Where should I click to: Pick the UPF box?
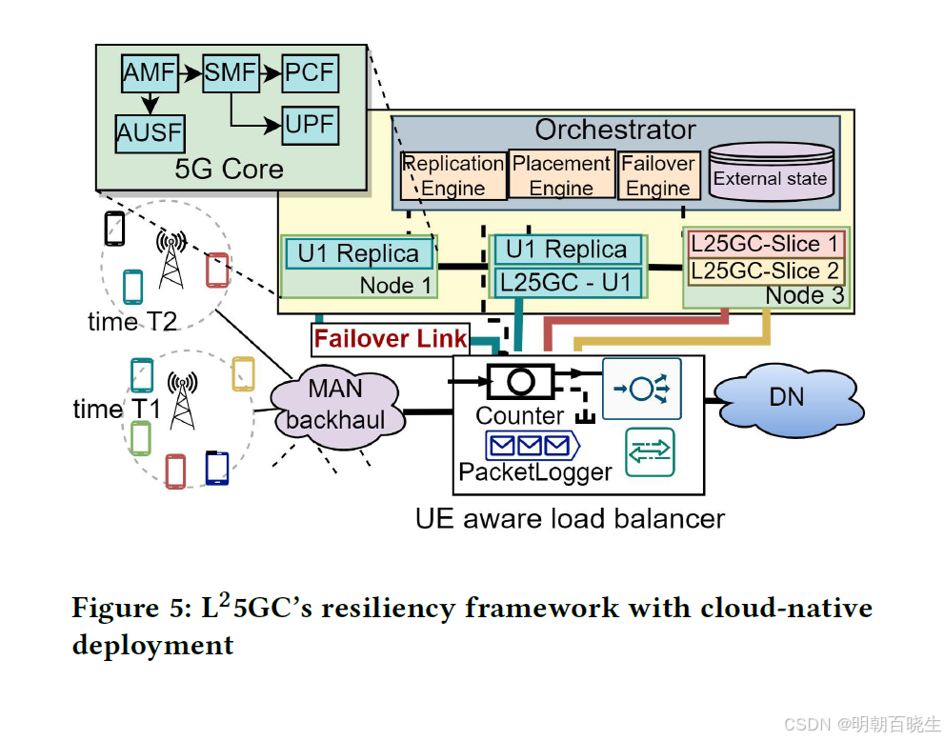click(311, 125)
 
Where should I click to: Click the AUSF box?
click(150, 132)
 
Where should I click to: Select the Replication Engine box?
click(453, 175)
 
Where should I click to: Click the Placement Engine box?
click(561, 175)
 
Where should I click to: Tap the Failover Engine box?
click(658, 175)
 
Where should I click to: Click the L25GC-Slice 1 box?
click(766, 243)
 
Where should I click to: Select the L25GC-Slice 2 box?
click(766, 270)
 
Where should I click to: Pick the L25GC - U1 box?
click(566, 282)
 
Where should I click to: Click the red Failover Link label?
click(391, 338)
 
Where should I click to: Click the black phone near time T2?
click(114, 229)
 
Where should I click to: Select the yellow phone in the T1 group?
click(244, 373)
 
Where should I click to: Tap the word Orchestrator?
click(614, 130)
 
